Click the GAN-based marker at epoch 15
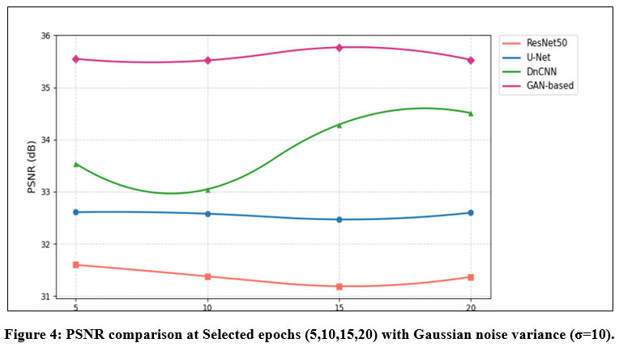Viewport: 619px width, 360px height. click(339, 48)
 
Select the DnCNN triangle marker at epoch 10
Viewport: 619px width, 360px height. click(208, 190)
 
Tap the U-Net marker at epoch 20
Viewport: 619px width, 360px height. click(471, 212)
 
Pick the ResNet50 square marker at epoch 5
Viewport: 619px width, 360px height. click(76, 264)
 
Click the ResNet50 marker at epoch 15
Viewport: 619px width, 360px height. click(339, 286)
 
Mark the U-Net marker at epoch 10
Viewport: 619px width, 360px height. click(208, 214)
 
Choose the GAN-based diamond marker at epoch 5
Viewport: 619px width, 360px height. click(76, 58)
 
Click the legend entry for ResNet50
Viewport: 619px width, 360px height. click(540, 42)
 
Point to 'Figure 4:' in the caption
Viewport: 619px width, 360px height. click(32, 335)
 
